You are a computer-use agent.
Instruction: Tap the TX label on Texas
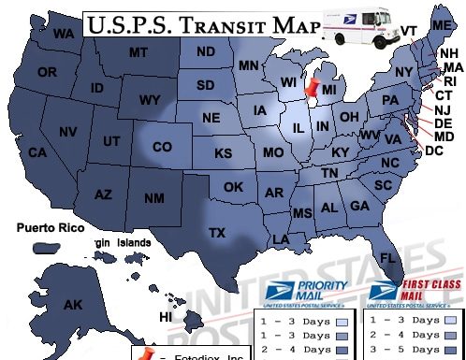click(x=217, y=232)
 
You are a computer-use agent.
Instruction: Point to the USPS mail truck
click(x=358, y=28)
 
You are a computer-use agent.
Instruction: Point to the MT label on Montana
click(x=139, y=51)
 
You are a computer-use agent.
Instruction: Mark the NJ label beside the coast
click(x=443, y=110)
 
